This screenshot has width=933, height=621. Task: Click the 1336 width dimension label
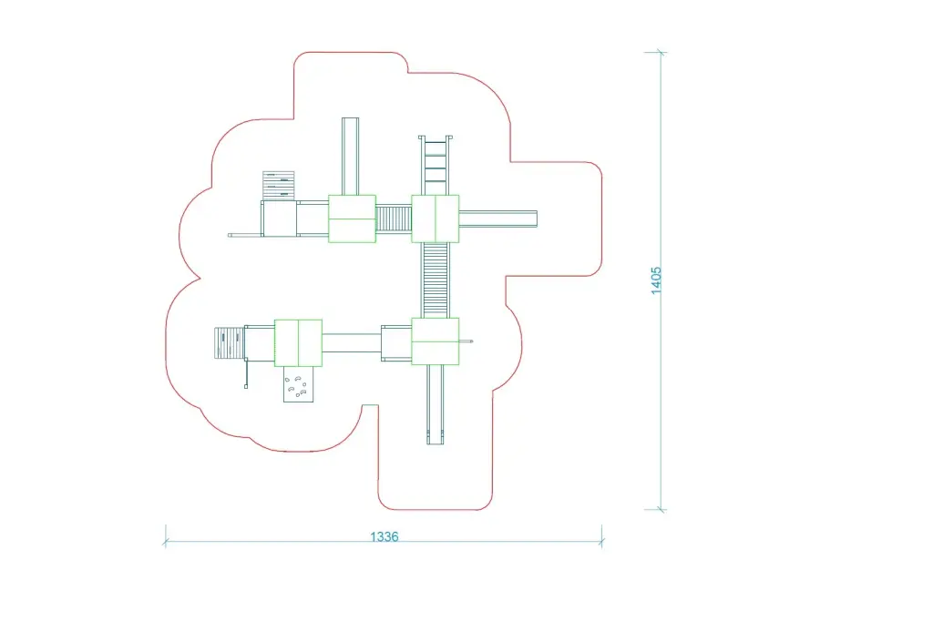click(384, 536)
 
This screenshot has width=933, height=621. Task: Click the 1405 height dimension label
click(656, 280)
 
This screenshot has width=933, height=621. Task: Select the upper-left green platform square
click(352, 219)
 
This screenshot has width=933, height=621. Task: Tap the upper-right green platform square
click(435, 219)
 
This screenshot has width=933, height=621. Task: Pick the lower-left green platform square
click(298, 342)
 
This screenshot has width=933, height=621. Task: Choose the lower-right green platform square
click(435, 341)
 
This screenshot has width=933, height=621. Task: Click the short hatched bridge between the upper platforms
click(394, 219)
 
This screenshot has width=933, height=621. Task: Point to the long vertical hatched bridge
click(435, 280)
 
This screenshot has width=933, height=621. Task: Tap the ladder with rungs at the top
click(435, 165)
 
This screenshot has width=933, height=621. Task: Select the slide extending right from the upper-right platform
click(498, 219)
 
